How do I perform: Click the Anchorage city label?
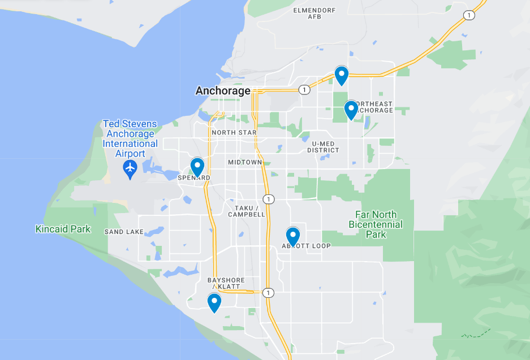click(223, 91)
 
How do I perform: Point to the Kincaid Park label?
click(63, 229)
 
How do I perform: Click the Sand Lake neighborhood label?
click(124, 232)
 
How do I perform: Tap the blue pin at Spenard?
click(197, 167)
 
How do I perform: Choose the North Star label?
click(234, 133)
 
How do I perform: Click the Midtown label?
click(245, 162)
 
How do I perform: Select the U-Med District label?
click(324, 147)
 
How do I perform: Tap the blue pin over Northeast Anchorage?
click(351, 109)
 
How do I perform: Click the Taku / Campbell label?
click(247, 211)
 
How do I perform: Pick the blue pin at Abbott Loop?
click(292, 236)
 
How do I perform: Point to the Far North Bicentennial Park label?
click(376, 224)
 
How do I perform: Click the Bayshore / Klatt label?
click(224, 283)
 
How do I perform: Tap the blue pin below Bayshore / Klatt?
click(214, 302)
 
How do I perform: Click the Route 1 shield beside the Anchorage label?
click(304, 90)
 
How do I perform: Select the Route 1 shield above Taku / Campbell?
click(269, 199)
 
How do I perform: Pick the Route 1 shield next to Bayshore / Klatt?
click(268, 293)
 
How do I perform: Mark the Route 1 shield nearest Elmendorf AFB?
click(468, 15)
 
